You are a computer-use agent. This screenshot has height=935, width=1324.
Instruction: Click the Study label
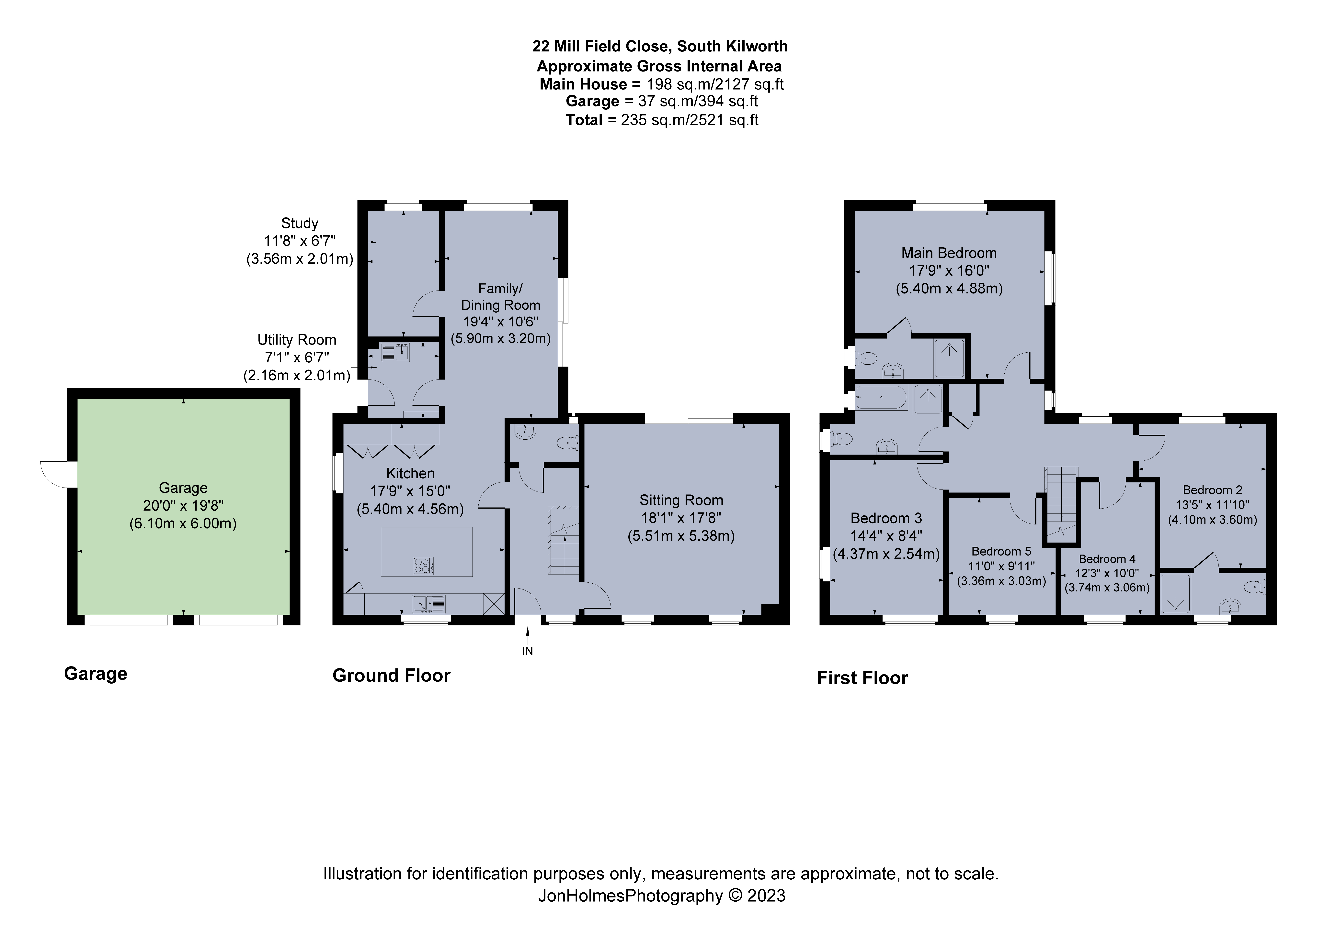[299, 223]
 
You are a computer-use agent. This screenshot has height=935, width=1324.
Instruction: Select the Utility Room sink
[396, 353]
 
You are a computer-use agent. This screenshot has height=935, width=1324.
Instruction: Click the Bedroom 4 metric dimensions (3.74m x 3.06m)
[1107, 588]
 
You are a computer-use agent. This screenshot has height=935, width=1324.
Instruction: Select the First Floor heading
[862, 678]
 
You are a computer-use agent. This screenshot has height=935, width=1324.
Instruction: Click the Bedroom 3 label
[886, 518]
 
